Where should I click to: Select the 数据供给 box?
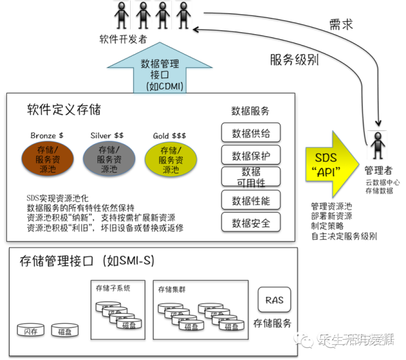[251, 133]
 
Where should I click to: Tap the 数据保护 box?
[251, 156]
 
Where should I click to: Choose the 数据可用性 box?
[251, 177]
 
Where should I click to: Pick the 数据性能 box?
[251, 201]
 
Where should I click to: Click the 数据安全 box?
[251, 222]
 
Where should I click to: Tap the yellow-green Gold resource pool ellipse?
[169, 159]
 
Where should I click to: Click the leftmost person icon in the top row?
[120, 14]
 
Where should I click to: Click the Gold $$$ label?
[169, 136]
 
